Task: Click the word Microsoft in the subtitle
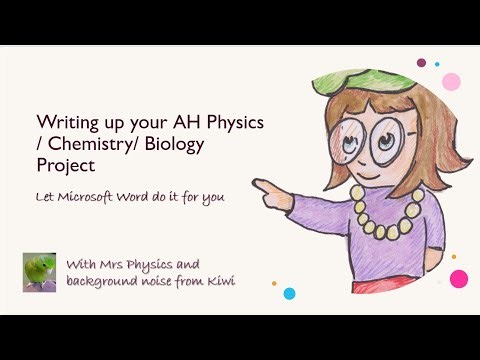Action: coord(99,196)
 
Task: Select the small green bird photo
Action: coord(39,272)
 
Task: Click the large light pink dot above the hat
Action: coord(451,80)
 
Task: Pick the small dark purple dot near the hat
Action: coord(422,62)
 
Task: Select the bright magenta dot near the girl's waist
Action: coord(459,278)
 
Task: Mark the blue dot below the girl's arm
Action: coord(289,294)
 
